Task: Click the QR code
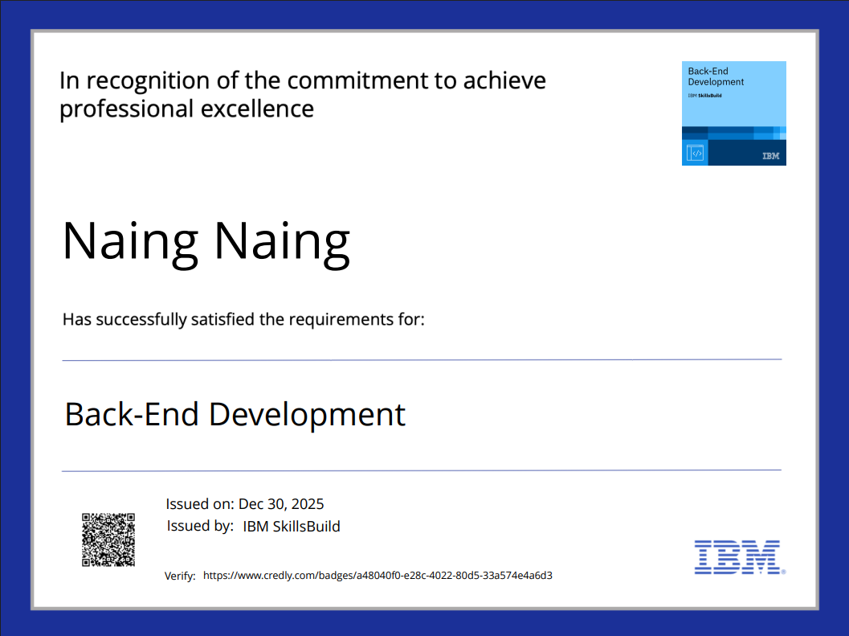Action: (108, 540)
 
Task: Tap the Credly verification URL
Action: (378, 575)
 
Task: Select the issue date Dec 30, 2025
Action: (281, 504)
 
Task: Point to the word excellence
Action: (257, 109)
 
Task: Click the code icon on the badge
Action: (696, 153)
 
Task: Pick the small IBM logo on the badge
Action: (770, 156)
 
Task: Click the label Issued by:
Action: (200, 526)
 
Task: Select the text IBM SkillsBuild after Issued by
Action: (292, 527)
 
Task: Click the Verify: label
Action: (180, 576)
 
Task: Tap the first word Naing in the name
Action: (130, 242)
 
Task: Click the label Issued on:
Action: (200, 504)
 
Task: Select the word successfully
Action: (141, 320)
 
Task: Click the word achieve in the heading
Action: (504, 80)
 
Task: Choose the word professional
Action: (126, 109)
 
